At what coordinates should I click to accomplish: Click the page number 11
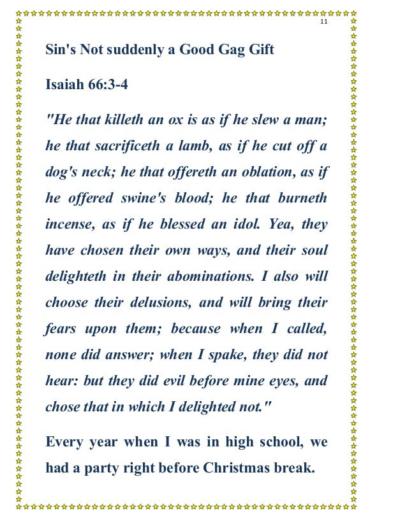(x=323, y=22)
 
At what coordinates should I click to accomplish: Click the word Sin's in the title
(x=58, y=50)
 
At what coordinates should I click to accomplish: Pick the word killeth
(x=128, y=119)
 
